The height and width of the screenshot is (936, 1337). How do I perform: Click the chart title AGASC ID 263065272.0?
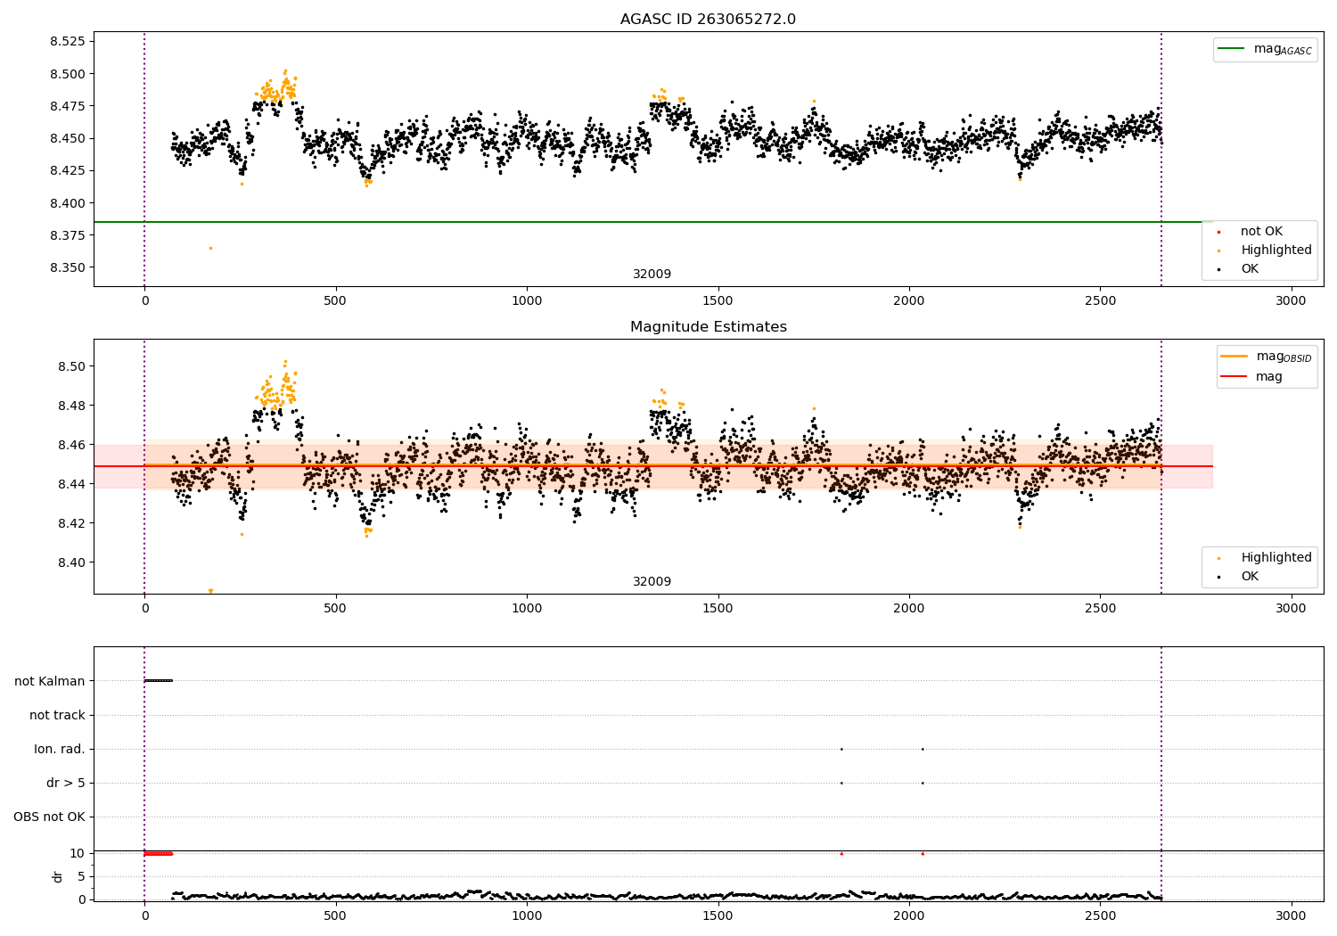click(708, 20)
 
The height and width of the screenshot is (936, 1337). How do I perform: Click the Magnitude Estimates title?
click(708, 327)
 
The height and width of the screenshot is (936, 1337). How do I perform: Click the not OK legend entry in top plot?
click(1261, 232)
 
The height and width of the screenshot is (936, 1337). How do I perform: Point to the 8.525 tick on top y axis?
click(67, 42)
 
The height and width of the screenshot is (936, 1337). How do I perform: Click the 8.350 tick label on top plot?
click(67, 267)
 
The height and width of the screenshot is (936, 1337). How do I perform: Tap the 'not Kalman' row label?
click(50, 681)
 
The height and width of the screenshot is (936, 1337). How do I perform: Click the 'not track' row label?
click(57, 715)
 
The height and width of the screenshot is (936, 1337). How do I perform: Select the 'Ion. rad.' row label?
click(60, 749)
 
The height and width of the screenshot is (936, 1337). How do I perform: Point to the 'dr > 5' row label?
click(66, 783)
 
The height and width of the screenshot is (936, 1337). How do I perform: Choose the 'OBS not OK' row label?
click(49, 817)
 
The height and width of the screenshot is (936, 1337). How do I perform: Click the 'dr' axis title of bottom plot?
click(58, 876)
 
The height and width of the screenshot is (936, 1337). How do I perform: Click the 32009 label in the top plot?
click(652, 275)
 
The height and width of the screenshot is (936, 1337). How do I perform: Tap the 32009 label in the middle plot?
click(652, 582)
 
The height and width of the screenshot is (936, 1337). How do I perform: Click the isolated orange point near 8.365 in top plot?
click(210, 248)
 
